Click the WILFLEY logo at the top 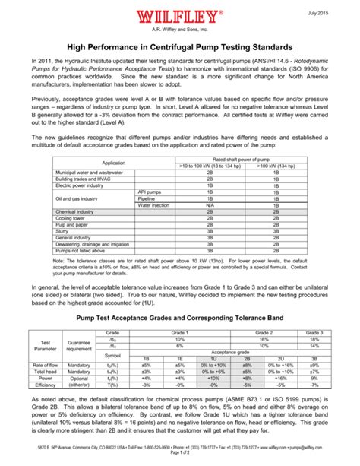click(180, 17)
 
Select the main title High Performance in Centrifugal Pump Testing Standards click(180, 47)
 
